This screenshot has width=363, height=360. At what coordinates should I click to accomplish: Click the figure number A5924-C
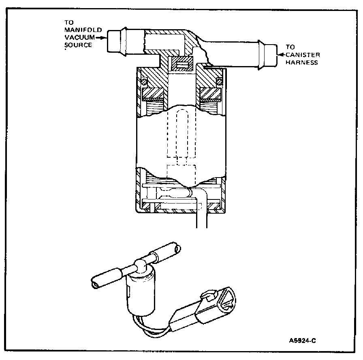[300, 340]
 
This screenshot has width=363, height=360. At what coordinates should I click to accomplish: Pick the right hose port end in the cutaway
[267, 54]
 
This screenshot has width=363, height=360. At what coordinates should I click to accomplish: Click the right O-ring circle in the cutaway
[219, 83]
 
